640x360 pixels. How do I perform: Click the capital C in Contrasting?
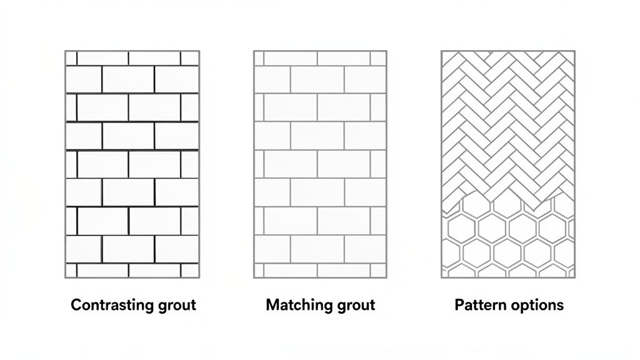point(76,305)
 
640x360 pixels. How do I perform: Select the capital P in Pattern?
point(459,305)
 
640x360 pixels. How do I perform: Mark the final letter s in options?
point(560,306)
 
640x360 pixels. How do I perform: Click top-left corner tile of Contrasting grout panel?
point(71,58)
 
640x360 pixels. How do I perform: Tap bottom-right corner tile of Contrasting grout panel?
point(190,271)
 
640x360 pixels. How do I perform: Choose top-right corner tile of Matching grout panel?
point(378,58)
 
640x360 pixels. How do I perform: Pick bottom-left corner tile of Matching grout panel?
point(259,271)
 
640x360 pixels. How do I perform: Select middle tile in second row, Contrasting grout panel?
point(128,79)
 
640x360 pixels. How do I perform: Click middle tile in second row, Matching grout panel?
point(317,79)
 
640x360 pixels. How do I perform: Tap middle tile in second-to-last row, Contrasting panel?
point(128,249)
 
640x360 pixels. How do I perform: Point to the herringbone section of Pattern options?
point(507,119)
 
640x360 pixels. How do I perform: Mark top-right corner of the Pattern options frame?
point(574,51)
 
